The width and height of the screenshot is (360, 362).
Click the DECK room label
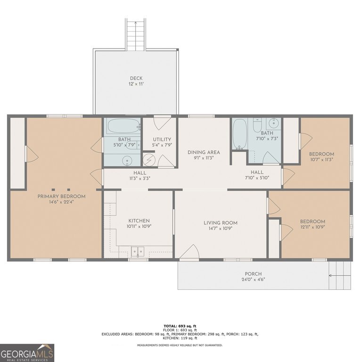click(x=136, y=78)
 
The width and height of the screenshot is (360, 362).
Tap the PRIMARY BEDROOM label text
click(x=61, y=197)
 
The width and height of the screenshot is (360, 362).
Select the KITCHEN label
click(x=139, y=221)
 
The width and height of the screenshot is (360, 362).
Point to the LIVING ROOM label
click(x=221, y=223)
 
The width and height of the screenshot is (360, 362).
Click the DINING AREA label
click(x=204, y=152)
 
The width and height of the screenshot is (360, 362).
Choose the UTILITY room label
click(x=162, y=140)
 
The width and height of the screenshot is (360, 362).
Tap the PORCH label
click(x=253, y=274)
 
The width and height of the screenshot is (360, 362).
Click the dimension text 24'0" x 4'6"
click(x=253, y=280)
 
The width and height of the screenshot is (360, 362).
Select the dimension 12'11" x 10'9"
click(x=312, y=227)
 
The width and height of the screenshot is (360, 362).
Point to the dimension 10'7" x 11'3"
click(x=321, y=159)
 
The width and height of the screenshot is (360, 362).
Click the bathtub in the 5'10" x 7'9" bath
click(x=123, y=126)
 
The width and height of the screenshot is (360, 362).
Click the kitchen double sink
click(x=138, y=252)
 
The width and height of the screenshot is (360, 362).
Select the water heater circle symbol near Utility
click(x=148, y=160)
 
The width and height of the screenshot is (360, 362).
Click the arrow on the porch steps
click(x=340, y=275)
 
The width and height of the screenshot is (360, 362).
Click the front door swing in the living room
click(x=190, y=252)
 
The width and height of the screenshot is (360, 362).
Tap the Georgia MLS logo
click(x=27, y=353)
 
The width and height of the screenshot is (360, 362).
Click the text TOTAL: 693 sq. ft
click(x=180, y=326)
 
